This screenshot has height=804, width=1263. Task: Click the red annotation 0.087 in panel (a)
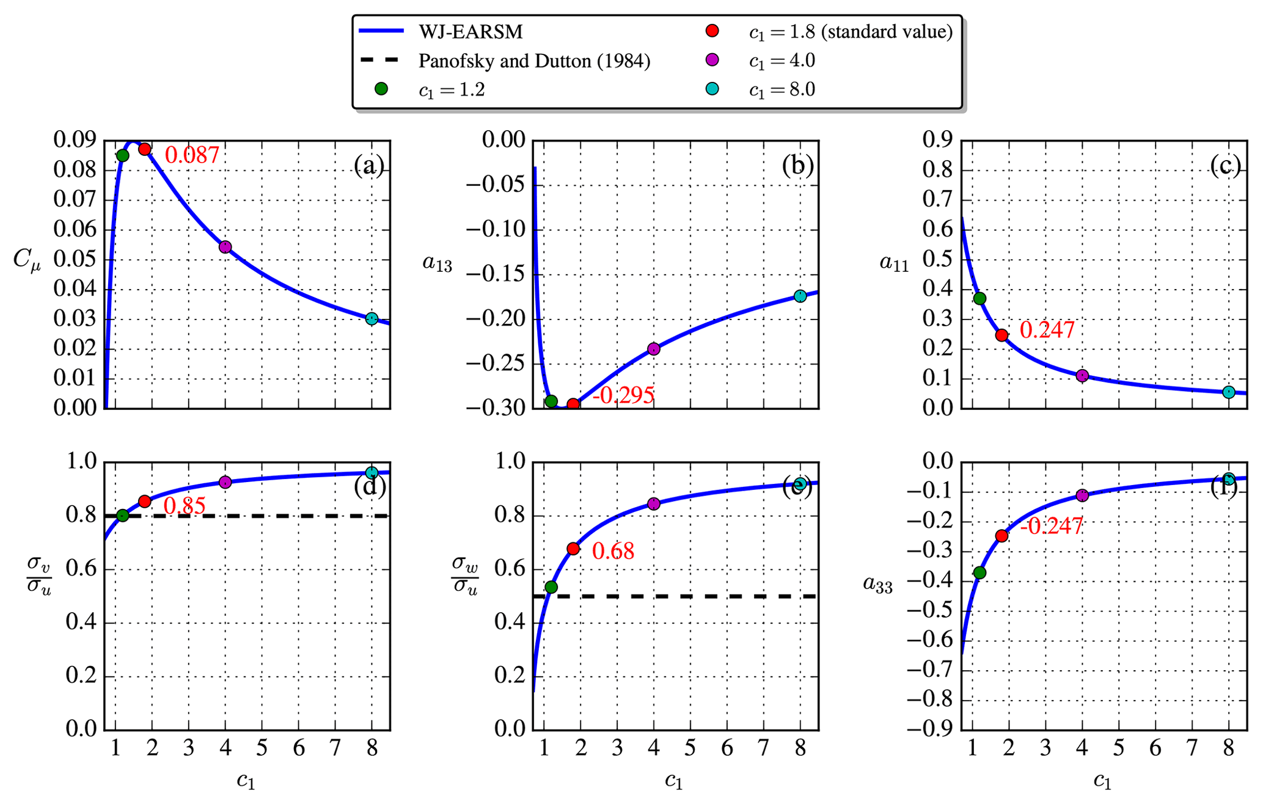coord(192,155)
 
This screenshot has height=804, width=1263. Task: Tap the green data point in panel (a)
coord(122,155)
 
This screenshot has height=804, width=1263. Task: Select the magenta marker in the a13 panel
coord(653,349)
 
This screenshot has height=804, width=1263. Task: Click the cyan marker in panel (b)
coord(800,296)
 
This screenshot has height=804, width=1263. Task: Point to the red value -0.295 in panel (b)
coord(623,395)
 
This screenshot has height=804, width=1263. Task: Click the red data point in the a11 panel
coord(1001,335)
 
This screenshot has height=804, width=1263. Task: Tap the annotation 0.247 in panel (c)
coord(1047,330)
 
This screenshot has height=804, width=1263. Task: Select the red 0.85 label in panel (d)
coord(185,505)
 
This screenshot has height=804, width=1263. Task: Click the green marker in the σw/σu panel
coord(551,587)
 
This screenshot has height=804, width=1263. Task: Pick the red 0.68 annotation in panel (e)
coord(613,551)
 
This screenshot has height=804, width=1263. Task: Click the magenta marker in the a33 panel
coord(1082,495)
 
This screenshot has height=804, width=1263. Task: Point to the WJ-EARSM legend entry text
coord(470,32)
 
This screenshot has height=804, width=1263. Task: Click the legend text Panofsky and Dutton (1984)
coord(534,61)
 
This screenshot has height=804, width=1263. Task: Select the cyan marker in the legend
coord(712,89)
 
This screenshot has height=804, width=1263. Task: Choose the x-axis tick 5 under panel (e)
coord(690,748)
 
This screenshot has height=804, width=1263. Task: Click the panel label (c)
coord(1225,166)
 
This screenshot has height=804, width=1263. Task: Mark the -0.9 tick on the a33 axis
coord(929,729)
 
